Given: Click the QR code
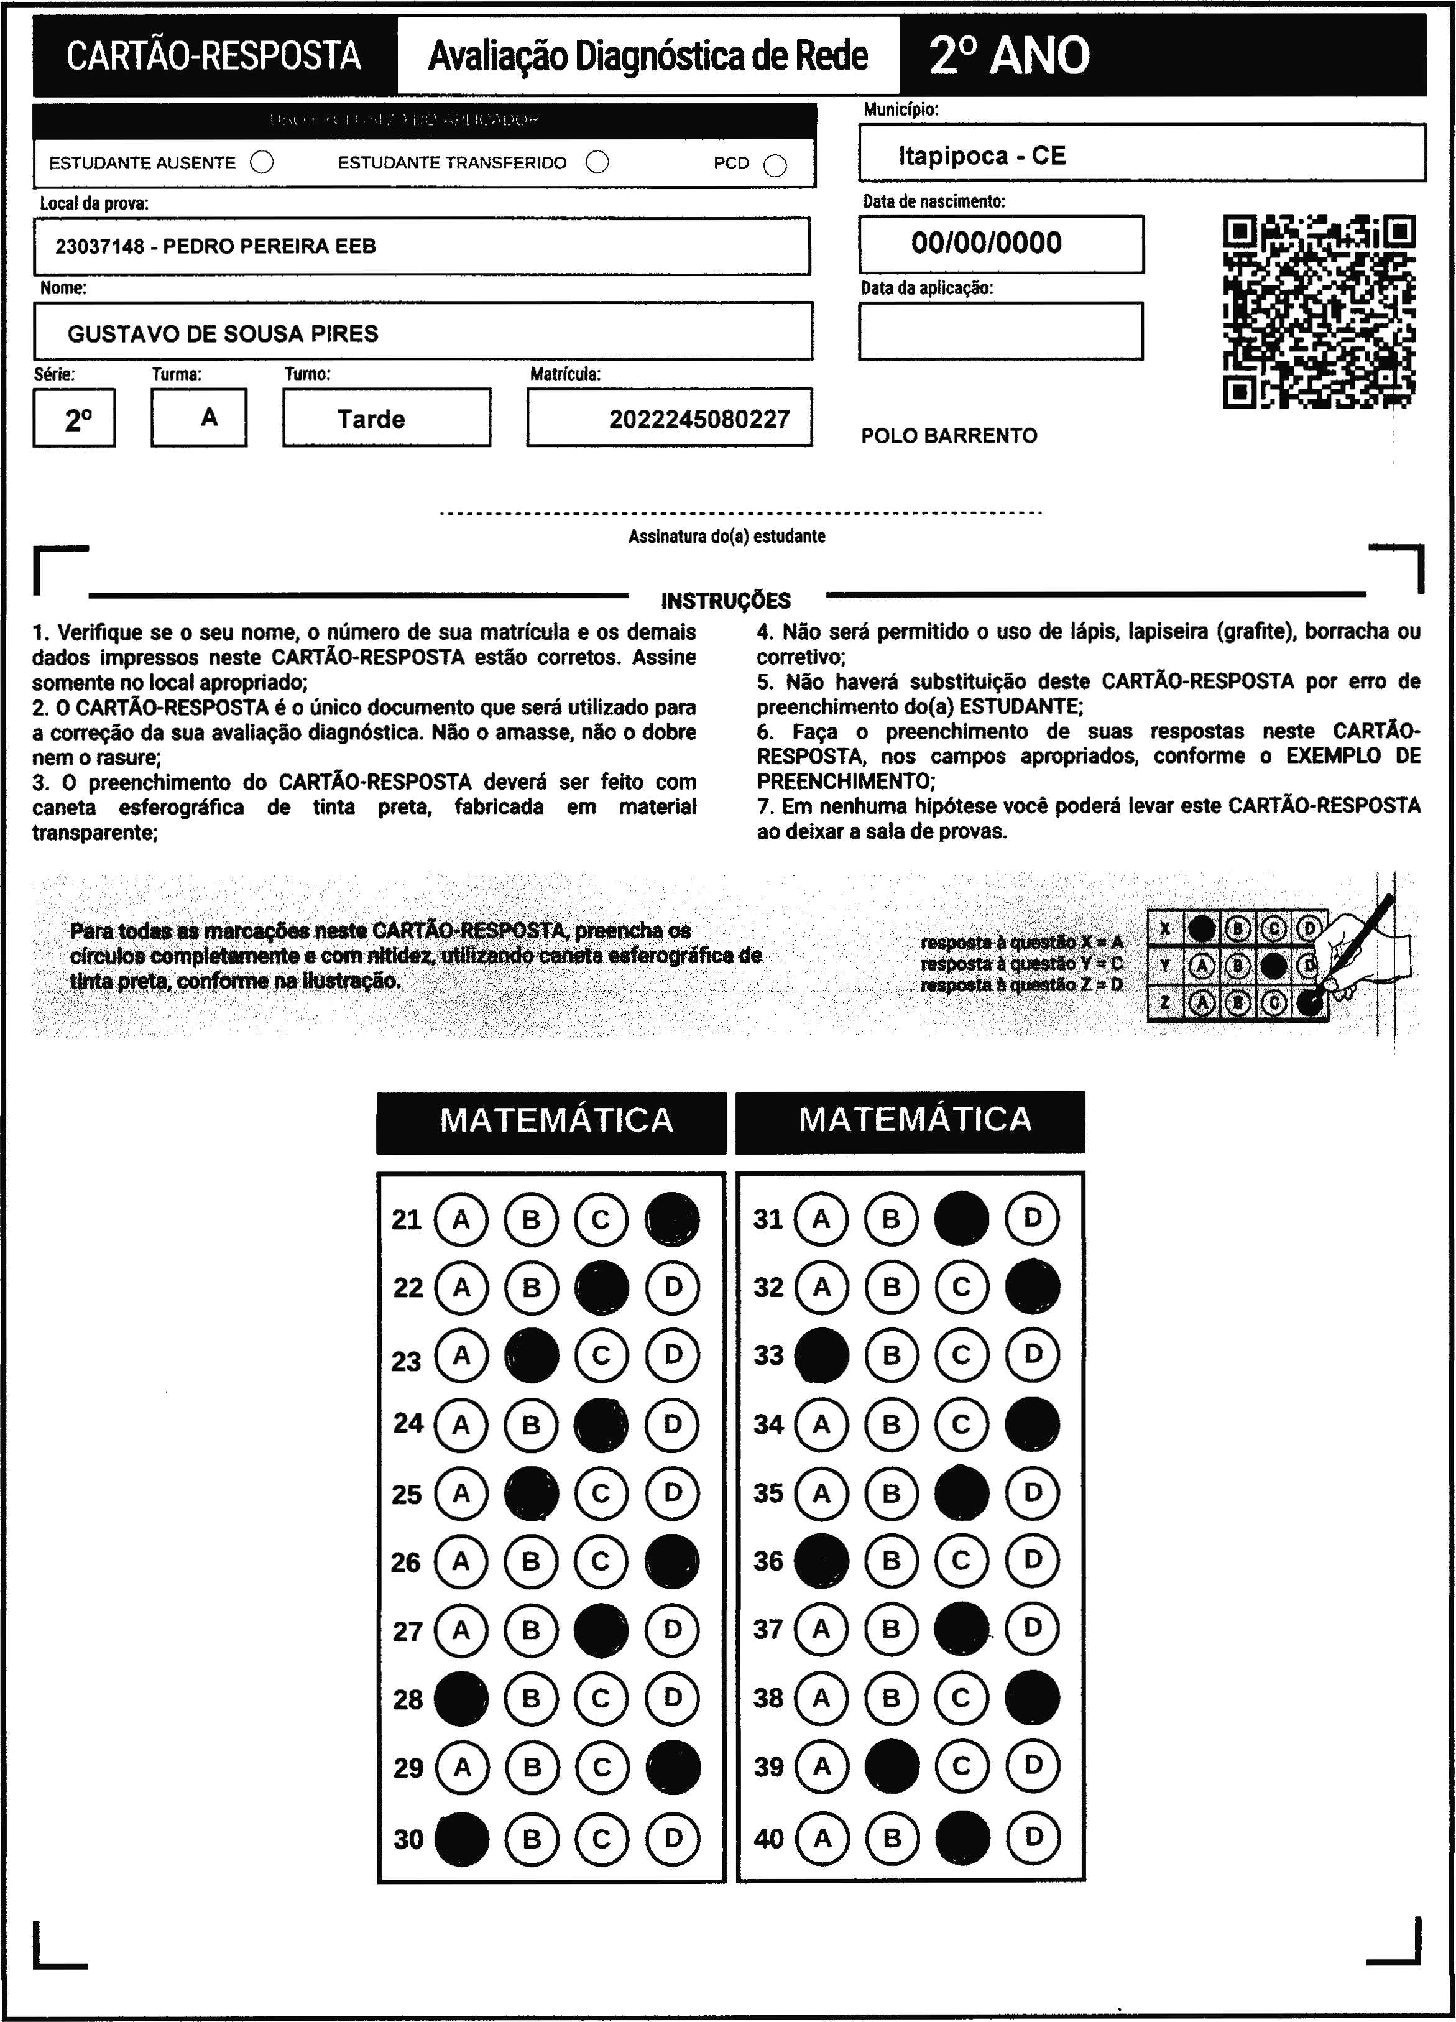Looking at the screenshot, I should click(1319, 310).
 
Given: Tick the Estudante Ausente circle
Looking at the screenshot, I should click(262, 162).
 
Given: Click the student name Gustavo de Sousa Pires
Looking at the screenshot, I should click(223, 333).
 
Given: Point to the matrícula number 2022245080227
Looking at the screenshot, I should click(699, 419).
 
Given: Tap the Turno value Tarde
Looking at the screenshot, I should click(371, 419).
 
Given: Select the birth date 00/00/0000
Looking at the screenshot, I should click(986, 242).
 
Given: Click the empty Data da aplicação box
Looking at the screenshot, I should click(1000, 331).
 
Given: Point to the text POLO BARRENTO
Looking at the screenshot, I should click(949, 436).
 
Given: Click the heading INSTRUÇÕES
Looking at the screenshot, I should click(726, 601).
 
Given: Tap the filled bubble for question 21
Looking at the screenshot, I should click(672, 1219).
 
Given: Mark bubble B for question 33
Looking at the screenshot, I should click(892, 1355).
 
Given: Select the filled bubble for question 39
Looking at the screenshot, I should click(892, 1765).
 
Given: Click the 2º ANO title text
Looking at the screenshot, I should click(1009, 55).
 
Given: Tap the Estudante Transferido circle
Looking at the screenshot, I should click(597, 162).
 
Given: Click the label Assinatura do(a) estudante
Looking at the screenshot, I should click(727, 537).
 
